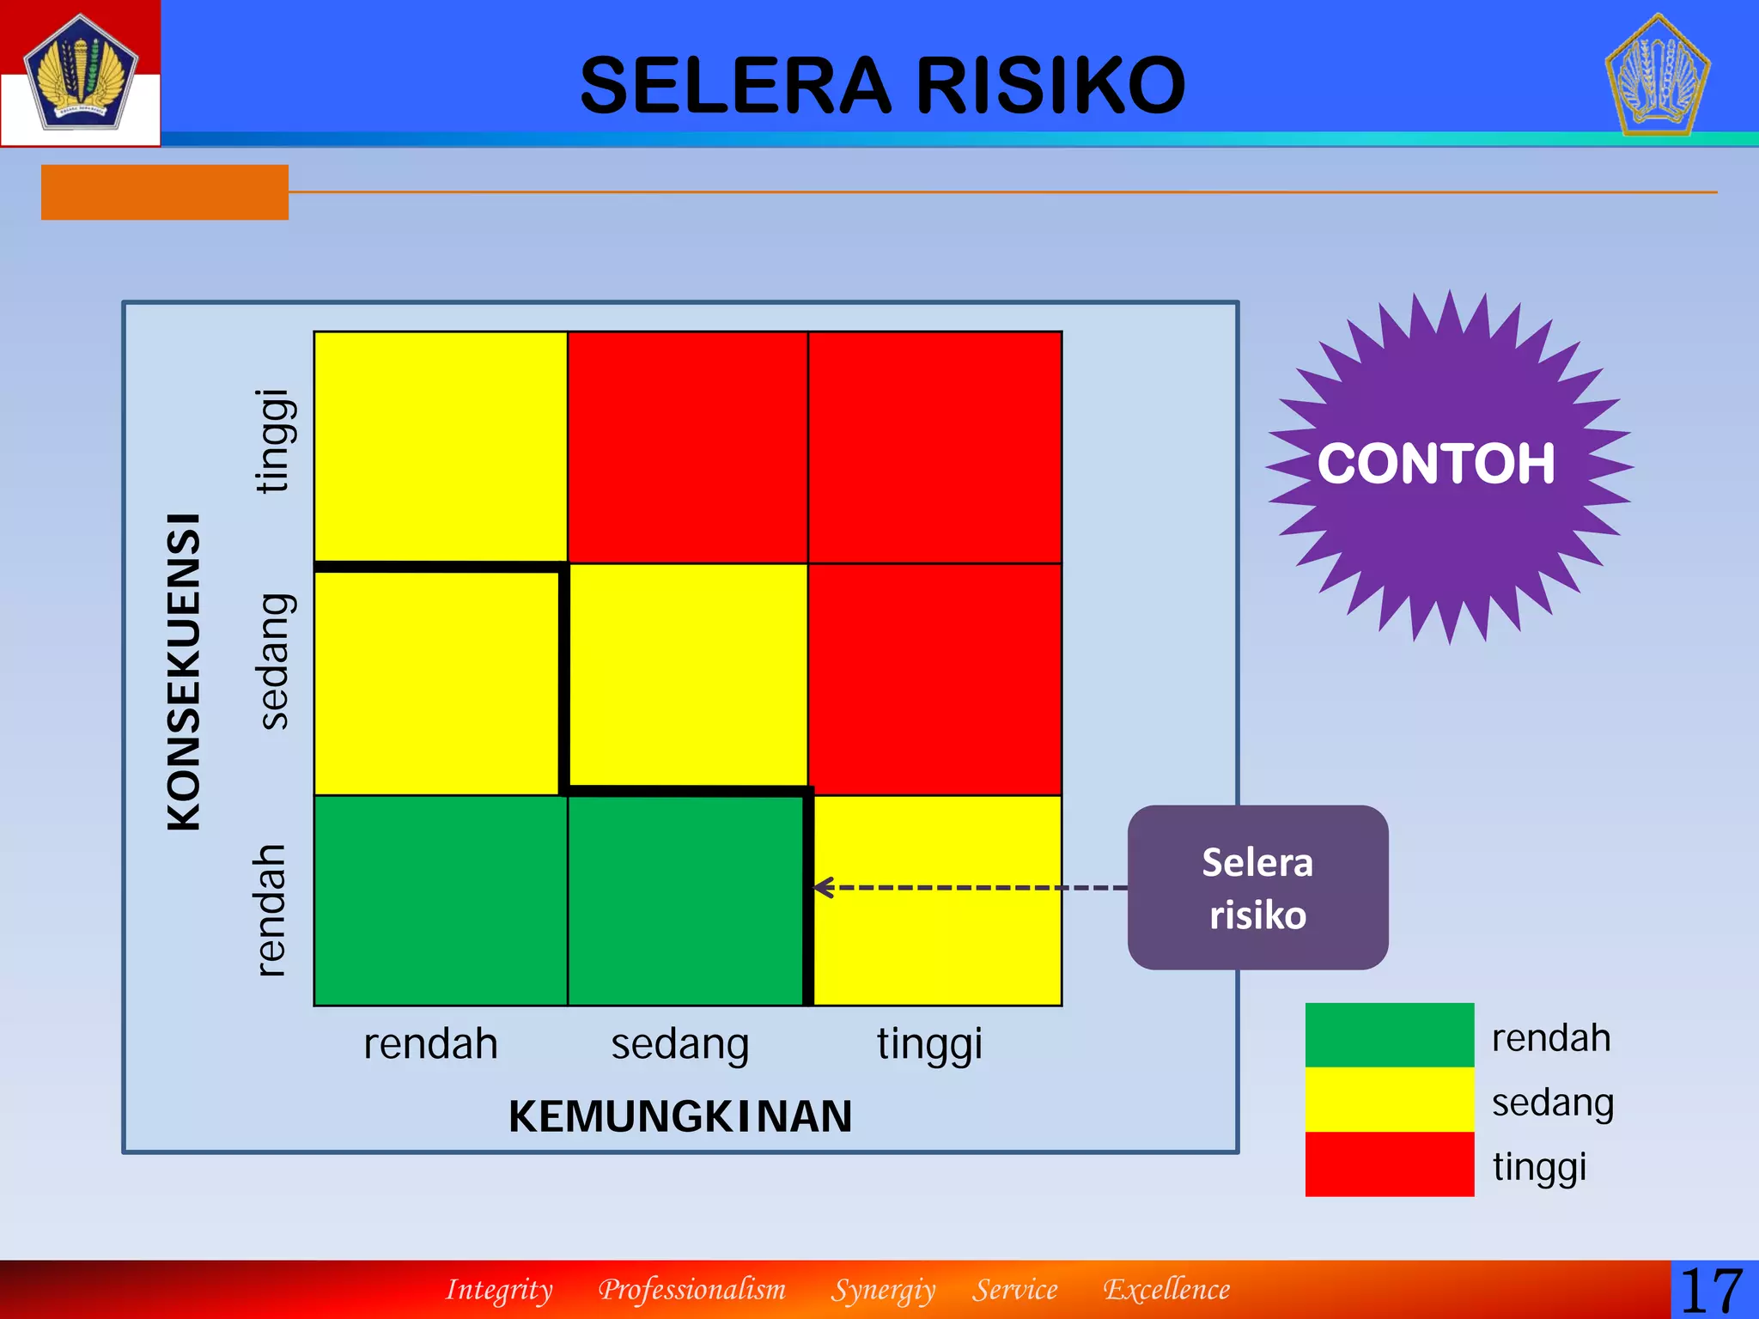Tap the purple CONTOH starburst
click(x=1448, y=466)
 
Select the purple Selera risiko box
click(x=1257, y=888)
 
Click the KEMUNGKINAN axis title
click(x=680, y=1116)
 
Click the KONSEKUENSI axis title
click(x=184, y=672)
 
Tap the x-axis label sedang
click(x=680, y=1045)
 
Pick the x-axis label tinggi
click(x=929, y=1045)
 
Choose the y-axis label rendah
click(x=271, y=910)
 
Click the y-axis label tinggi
click(x=275, y=441)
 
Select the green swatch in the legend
click(x=1389, y=1035)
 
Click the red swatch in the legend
click(x=1389, y=1164)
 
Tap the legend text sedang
click(x=1553, y=1103)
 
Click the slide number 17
click(x=1712, y=1291)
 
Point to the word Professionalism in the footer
click(x=692, y=1290)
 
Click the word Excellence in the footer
click(x=1166, y=1290)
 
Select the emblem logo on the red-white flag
click(x=80, y=72)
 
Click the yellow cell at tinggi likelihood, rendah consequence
click(x=937, y=900)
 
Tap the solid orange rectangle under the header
click(x=165, y=192)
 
